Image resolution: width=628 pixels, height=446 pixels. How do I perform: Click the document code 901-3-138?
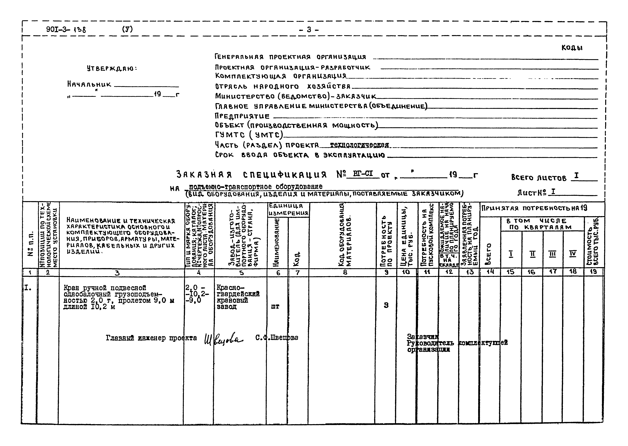(66, 29)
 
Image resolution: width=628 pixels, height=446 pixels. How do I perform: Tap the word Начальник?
(89, 84)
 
